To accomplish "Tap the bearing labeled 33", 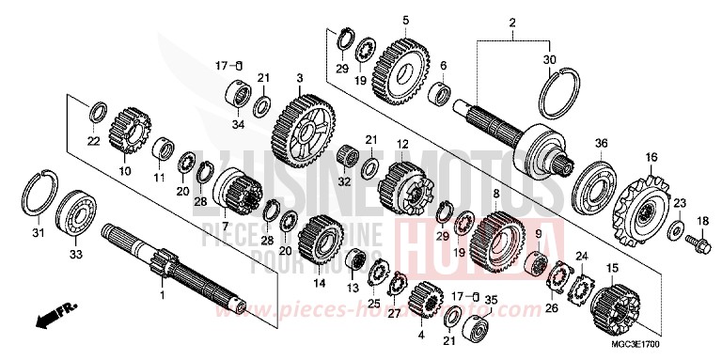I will click(x=78, y=211).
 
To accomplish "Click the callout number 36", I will click(x=602, y=143).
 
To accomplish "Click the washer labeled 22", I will click(x=95, y=115).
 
